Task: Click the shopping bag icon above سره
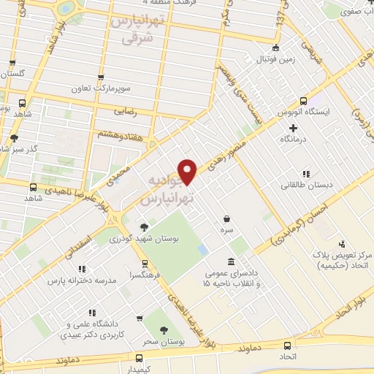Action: click(x=227, y=218)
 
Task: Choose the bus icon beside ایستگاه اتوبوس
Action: click(x=303, y=102)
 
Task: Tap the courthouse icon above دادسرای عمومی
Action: click(x=232, y=262)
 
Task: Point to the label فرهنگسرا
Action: click(x=144, y=275)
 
